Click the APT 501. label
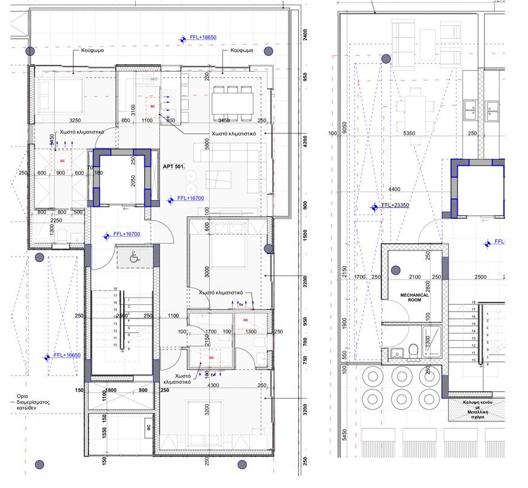tap(174, 166)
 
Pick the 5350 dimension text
tap(410, 132)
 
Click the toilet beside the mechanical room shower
tap(414, 350)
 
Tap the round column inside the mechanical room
tap(395, 271)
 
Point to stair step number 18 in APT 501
tap(115, 289)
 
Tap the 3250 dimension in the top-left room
tap(76, 120)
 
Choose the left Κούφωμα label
tap(92, 51)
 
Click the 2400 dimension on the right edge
tap(305, 35)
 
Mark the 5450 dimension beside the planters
tap(344, 435)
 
